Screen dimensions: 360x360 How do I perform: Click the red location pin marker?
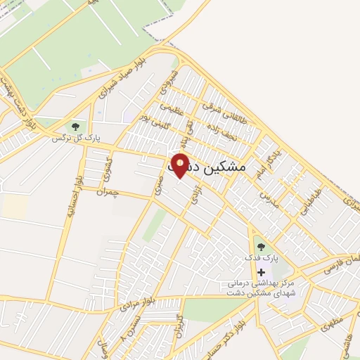180,167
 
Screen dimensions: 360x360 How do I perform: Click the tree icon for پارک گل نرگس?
75,127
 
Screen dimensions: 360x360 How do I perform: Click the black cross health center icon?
262,272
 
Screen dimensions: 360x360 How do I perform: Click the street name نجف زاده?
224,128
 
